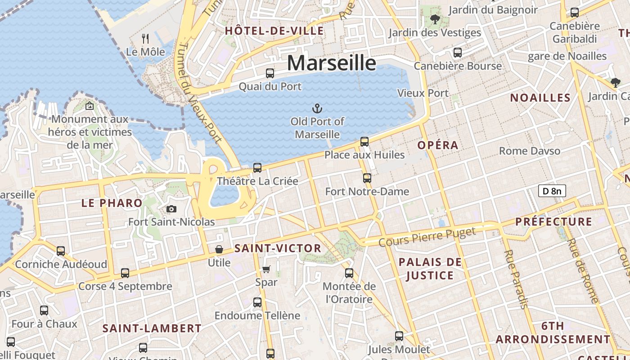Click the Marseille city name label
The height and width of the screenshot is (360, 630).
coord(331,63)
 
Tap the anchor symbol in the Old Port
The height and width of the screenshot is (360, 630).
coord(318,108)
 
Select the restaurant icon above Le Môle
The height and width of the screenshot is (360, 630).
coord(145,39)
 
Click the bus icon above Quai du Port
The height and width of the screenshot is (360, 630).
coord(270,73)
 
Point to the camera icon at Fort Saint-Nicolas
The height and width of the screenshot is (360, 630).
coord(171,209)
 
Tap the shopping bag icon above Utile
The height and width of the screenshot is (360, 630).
coord(219,249)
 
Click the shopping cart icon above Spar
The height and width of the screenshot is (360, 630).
coord(266,269)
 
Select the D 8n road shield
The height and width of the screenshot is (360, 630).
coord(552,191)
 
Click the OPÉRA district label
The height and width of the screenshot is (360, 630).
coord(438,145)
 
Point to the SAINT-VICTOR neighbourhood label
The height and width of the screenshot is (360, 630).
coord(278,248)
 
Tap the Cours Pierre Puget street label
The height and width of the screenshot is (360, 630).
coord(427,237)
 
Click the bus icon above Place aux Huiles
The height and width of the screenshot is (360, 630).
coord(364,142)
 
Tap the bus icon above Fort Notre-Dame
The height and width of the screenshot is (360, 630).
coord(367,178)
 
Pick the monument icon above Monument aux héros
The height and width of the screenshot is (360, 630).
coord(90,106)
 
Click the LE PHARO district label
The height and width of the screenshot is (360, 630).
coord(112,203)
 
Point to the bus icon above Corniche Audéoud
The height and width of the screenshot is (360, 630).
coord(61,251)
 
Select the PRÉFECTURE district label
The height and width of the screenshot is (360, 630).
coord(553,221)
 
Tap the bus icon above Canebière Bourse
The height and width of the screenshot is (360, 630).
coord(458,53)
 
